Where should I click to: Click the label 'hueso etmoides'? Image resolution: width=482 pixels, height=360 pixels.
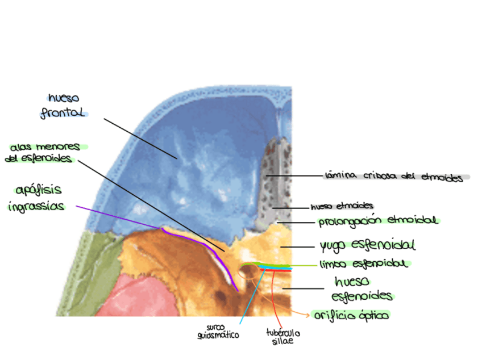(x=342, y=206)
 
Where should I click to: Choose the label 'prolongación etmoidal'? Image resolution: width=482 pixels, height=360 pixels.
(x=378, y=220)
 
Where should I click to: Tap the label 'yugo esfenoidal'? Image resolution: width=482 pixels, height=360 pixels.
(x=367, y=245)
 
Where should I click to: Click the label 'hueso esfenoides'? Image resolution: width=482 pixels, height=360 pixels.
(x=362, y=289)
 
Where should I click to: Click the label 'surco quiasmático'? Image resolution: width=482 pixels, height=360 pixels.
(x=218, y=331)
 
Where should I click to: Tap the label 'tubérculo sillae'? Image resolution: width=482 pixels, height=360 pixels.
(x=282, y=336)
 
